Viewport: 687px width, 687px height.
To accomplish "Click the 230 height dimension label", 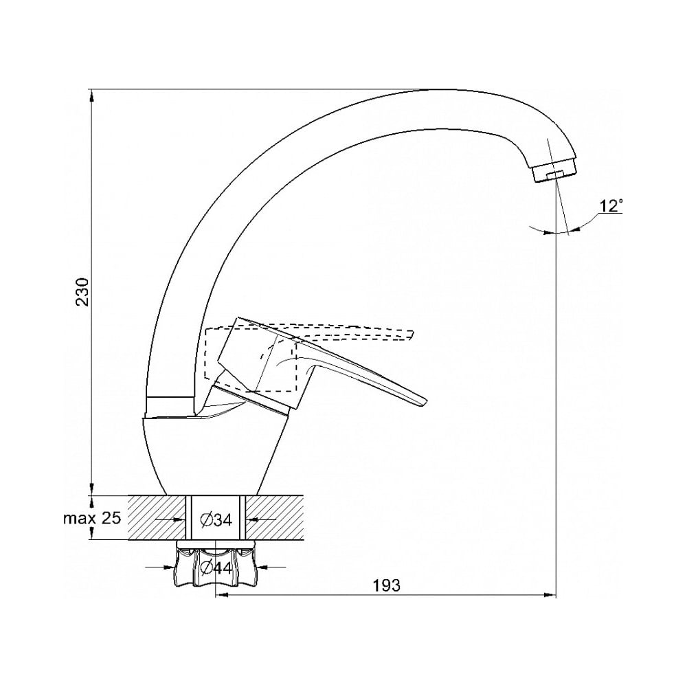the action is coord(83,292).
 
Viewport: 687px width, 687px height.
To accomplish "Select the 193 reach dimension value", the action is coord(386,585).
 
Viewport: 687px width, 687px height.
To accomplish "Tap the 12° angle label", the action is coord(611,206).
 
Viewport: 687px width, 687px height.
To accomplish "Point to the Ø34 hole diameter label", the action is coord(216,520).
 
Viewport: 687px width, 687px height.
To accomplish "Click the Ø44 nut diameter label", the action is coord(216,568).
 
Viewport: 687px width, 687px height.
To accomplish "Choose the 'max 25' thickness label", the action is coord(92,518).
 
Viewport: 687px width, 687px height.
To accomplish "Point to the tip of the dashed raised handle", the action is coord(412,334).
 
